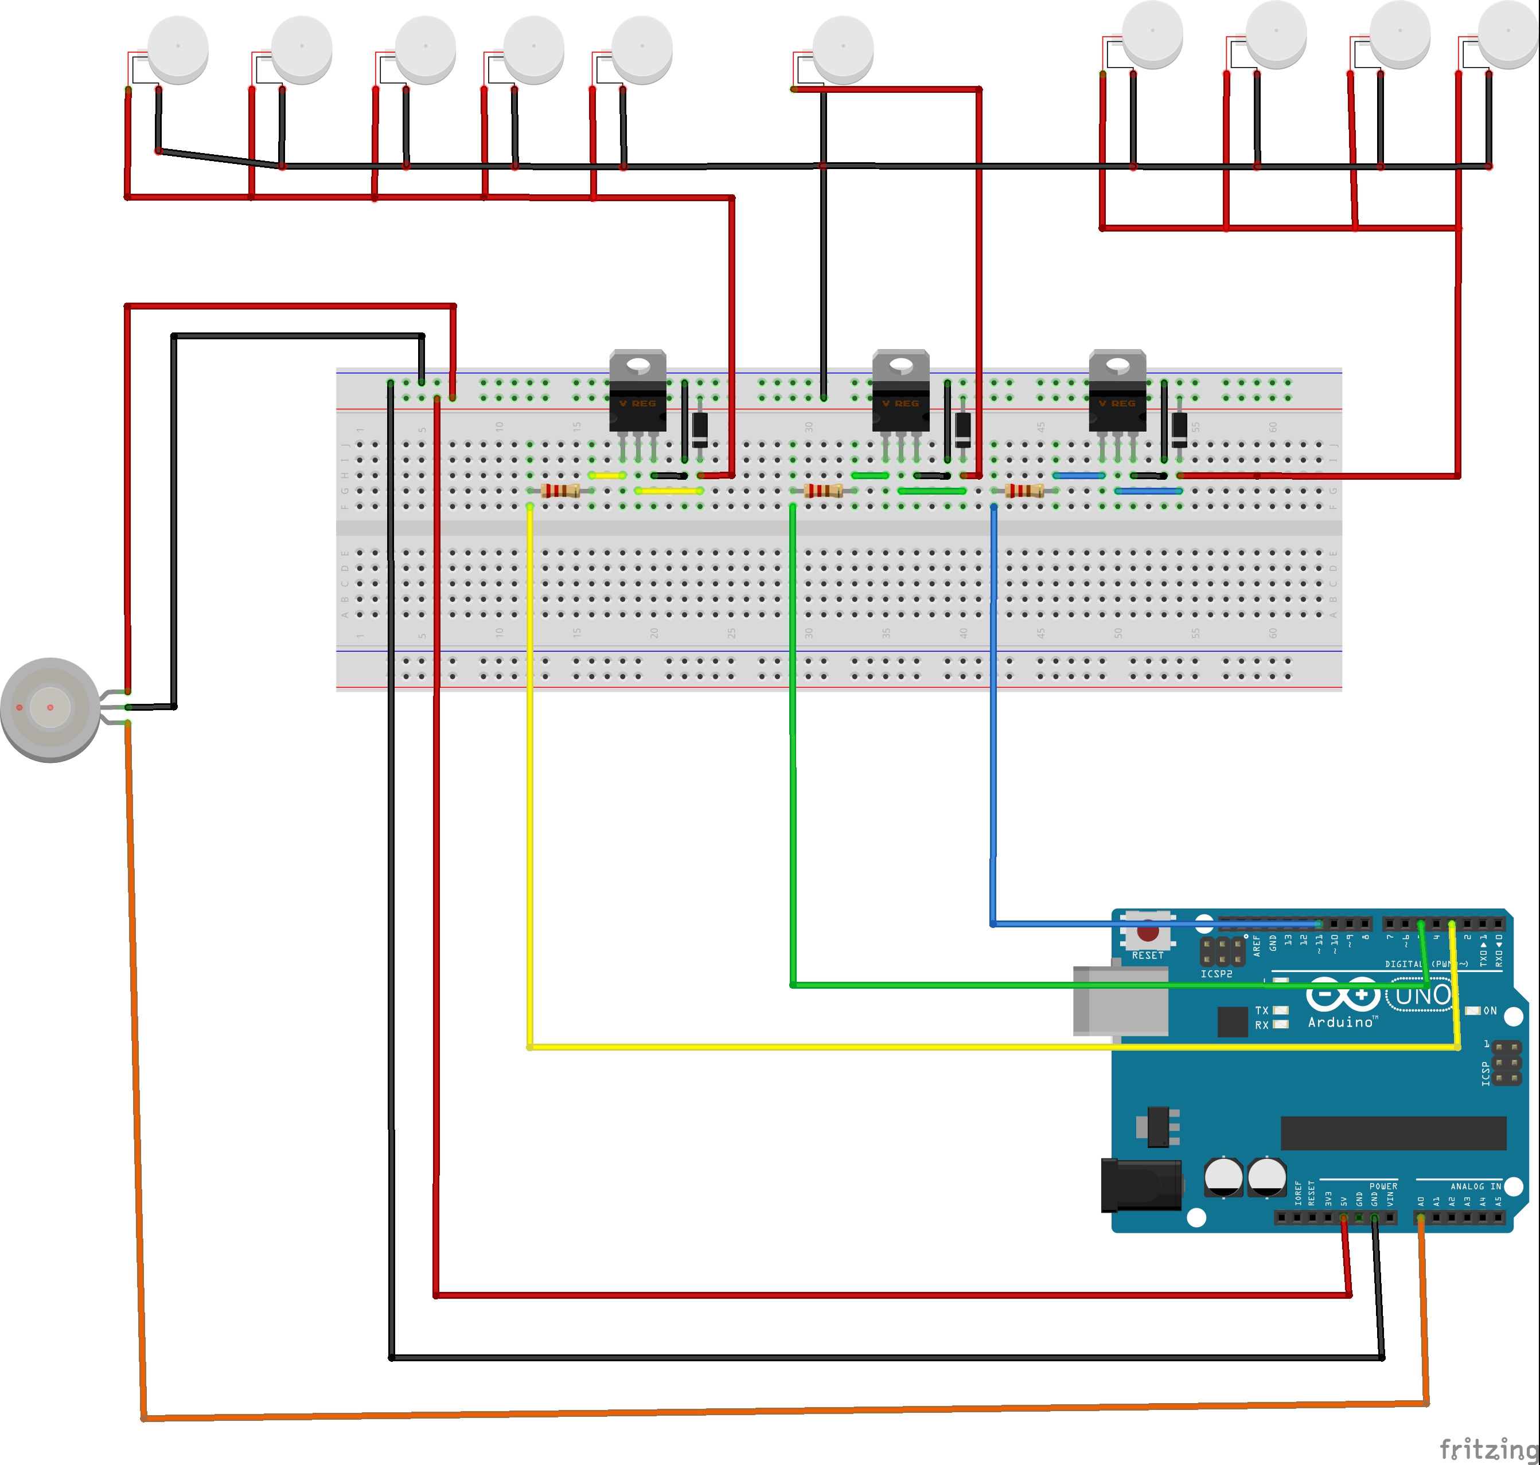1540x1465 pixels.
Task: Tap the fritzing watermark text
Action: (1488, 1448)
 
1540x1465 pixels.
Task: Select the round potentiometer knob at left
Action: (50, 709)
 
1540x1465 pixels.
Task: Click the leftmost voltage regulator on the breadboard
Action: (638, 392)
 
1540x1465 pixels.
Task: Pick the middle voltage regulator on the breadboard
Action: (901, 392)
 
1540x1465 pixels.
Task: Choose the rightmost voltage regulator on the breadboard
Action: (1117, 392)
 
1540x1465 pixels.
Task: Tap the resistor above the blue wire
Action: (1024, 491)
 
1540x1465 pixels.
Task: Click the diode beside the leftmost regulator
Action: (700, 429)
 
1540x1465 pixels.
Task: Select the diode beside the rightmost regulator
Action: (1180, 429)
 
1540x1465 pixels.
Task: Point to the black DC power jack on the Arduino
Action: (1141, 1185)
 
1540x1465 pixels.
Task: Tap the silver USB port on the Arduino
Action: (1120, 1001)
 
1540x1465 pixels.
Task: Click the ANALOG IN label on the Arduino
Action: (1475, 1186)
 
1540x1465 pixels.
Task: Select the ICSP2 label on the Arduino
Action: (1216, 974)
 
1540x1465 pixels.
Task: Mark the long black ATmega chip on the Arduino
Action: (1393, 1133)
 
